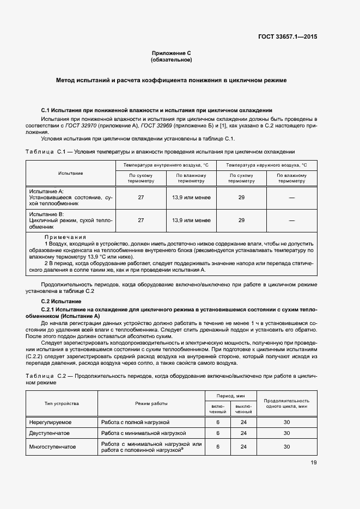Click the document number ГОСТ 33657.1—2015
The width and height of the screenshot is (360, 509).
pos(288,36)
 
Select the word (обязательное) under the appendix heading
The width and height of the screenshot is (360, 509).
pos(172,60)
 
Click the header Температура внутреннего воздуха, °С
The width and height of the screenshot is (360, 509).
pos(166,164)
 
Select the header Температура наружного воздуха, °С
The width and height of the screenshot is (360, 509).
pos(266,164)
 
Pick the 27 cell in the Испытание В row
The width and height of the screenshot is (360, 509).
pos(141,220)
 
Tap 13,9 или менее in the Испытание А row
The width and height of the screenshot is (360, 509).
pos(191,198)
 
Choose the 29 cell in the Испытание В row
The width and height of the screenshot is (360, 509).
pos(241,220)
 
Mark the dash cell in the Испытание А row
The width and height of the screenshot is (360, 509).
pos(291,198)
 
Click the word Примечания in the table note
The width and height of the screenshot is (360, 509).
pos(65,237)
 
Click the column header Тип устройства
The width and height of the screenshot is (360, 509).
pos(62,403)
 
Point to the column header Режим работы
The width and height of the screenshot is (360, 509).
pos(151,403)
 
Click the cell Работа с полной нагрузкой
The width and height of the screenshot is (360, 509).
pos(136,422)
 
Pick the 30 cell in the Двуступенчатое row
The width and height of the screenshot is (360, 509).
pos(286,433)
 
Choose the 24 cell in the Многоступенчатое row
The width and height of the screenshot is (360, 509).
pos(243,447)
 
